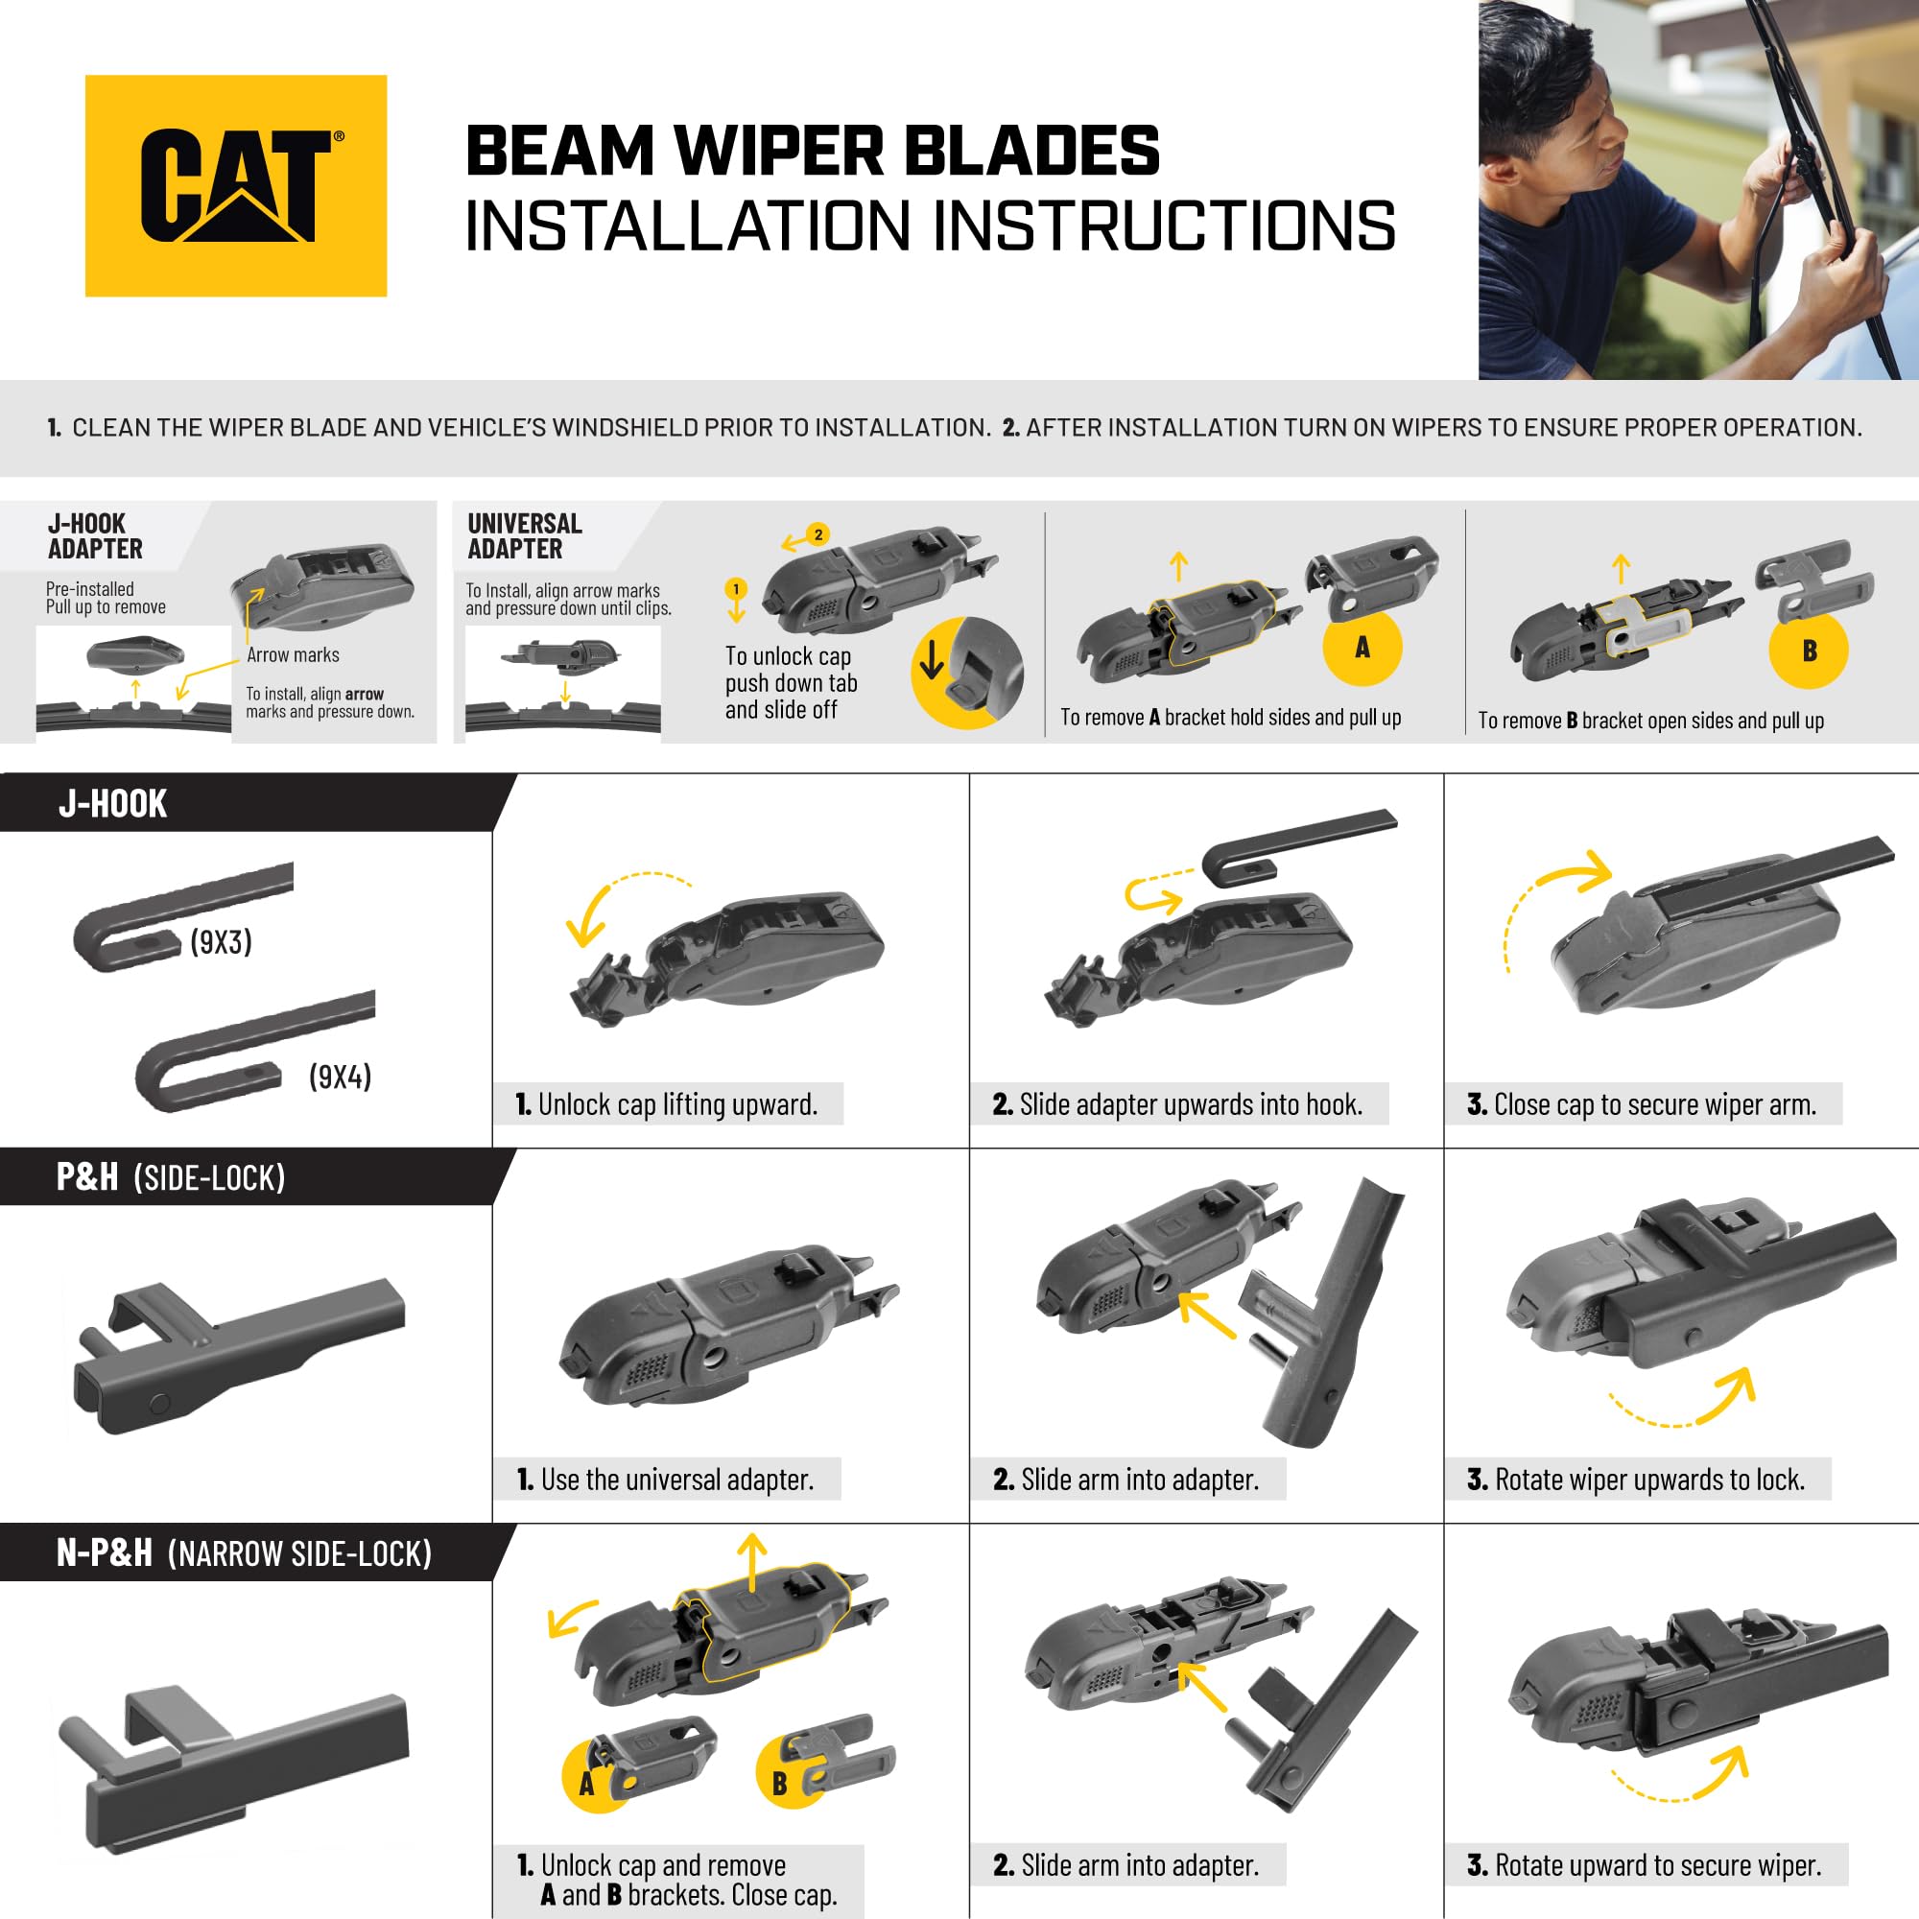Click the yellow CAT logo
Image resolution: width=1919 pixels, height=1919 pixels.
[x=235, y=186]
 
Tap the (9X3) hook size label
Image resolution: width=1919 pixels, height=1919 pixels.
[x=221, y=941]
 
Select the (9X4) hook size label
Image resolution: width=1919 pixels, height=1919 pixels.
[x=340, y=1077]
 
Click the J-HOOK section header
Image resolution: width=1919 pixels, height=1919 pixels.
[x=112, y=803]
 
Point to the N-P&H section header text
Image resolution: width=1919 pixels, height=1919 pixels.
[x=245, y=1552]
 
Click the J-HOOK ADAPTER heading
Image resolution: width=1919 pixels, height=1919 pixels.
[x=95, y=536]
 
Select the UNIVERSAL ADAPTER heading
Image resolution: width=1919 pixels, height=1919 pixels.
[x=525, y=536]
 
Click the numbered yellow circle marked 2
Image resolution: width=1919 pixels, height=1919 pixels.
[x=817, y=534]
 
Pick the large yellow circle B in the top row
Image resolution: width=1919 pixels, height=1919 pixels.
[x=1809, y=651]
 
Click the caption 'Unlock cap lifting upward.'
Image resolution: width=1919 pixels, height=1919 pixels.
[x=677, y=1104]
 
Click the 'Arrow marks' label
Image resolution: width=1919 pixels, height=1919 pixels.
[x=293, y=654]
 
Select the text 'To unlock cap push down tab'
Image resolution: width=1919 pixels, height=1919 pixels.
[x=791, y=670]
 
